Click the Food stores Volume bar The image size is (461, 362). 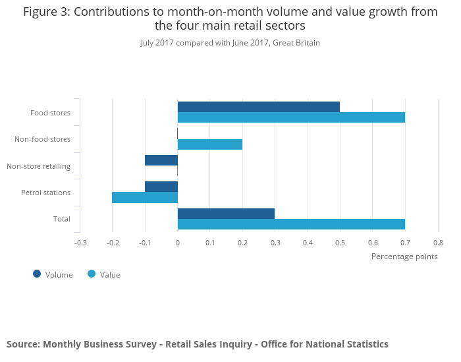point(259,107)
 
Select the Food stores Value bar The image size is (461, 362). point(291,117)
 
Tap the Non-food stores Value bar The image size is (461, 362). point(210,144)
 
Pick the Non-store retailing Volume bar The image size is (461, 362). point(161,160)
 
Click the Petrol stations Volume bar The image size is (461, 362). point(161,187)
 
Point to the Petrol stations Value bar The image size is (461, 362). point(145,197)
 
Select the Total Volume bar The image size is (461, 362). point(226,214)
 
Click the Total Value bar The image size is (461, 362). point(291,224)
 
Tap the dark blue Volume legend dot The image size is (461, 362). point(37,274)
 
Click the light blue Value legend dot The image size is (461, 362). point(92,274)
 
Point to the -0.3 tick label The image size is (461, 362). point(80,243)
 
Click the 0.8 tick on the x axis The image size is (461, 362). point(438,243)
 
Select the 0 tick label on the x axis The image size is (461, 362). point(178,243)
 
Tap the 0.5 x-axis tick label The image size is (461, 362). point(340,243)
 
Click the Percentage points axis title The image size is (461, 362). point(404,256)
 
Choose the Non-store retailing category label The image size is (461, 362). point(38,166)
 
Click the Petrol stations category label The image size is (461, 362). point(46,193)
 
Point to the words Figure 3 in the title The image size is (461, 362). point(47,12)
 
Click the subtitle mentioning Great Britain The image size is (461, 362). point(230,43)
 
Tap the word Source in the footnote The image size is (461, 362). point(23,344)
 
